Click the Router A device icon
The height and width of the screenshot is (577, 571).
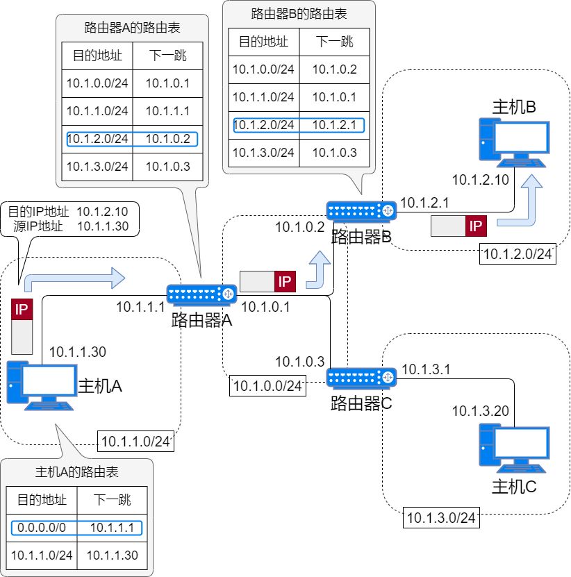point(201,296)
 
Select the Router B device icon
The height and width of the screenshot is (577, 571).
point(361,210)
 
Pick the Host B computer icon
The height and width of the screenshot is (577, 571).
point(512,142)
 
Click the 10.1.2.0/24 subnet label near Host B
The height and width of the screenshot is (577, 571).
point(518,254)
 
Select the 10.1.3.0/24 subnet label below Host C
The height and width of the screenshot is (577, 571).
point(440,517)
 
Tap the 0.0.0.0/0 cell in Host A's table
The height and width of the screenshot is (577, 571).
point(41,528)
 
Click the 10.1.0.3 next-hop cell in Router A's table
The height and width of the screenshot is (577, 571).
point(167,166)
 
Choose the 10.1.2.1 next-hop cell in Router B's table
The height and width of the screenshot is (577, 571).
point(334,125)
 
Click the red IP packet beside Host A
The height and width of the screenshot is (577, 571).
point(22,310)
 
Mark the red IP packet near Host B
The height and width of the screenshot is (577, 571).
point(476,226)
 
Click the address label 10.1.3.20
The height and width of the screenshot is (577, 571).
point(481,411)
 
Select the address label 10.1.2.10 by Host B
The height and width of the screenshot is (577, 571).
point(481,180)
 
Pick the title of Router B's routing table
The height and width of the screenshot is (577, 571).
point(299,13)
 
